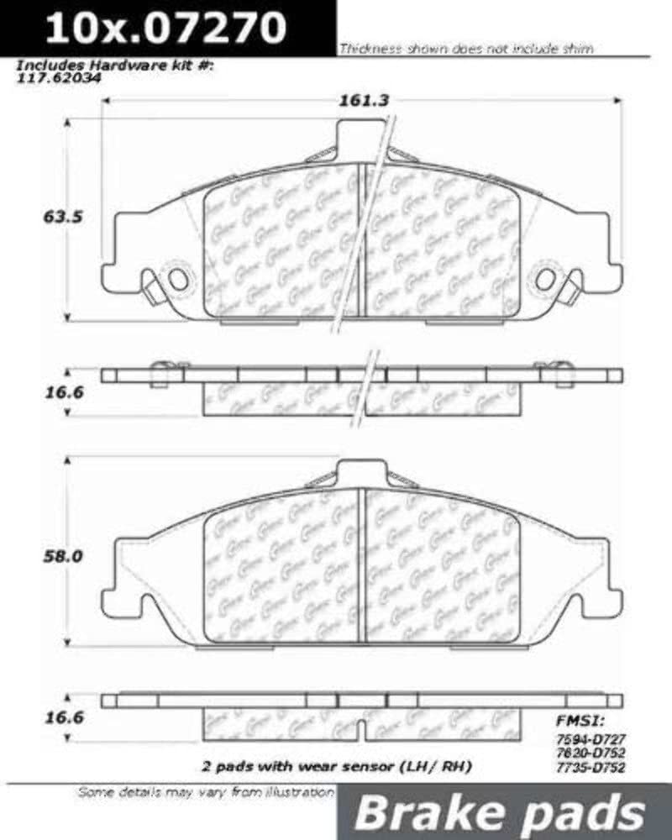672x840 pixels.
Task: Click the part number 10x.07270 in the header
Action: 165,29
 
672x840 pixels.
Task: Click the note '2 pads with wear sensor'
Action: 336,767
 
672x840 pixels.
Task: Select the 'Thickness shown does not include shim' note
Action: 466,49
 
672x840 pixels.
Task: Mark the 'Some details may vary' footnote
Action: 206,792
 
